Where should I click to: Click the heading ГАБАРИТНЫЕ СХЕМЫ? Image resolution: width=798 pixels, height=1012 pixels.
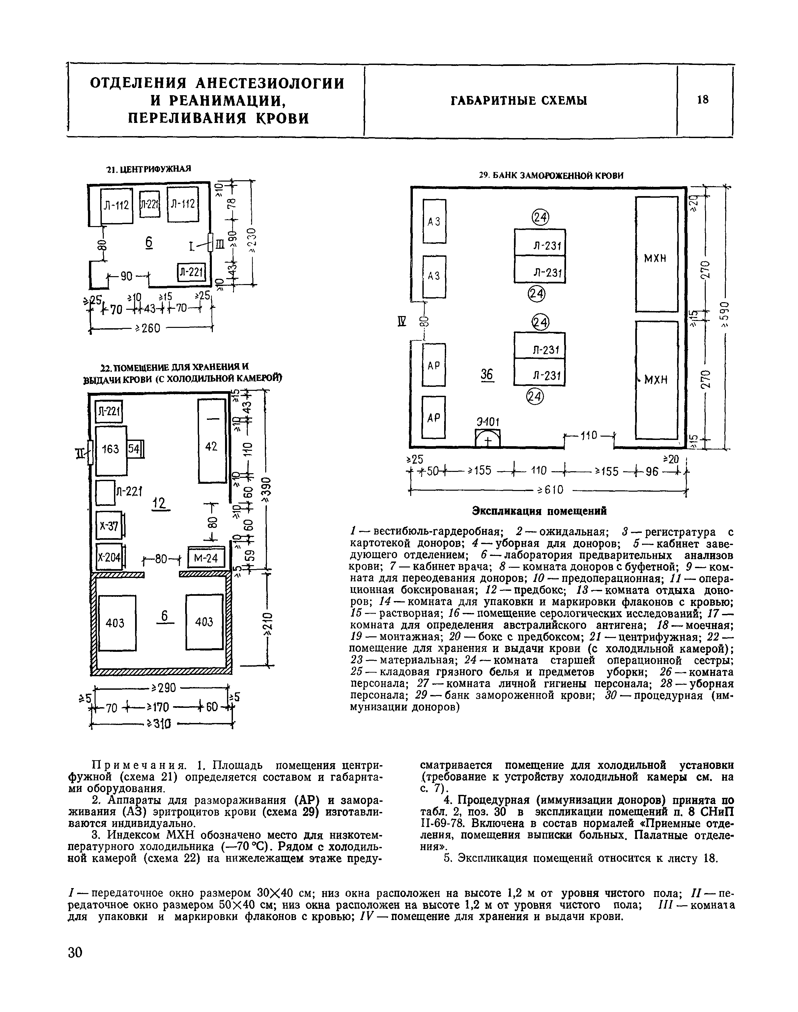click(519, 101)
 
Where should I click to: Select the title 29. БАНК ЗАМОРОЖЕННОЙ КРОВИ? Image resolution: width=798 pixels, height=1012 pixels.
click(551, 176)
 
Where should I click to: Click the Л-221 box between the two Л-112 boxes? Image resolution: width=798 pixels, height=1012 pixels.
click(150, 204)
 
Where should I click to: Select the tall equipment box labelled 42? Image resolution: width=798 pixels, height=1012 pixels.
click(212, 441)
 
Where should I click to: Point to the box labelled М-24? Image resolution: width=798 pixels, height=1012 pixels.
click(206, 558)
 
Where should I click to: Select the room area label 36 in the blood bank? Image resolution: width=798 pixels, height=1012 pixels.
click(487, 374)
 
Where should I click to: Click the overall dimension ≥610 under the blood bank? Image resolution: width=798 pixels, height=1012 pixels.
click(550, 490)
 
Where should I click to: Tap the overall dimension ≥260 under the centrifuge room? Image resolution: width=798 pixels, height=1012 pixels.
click(148, 329)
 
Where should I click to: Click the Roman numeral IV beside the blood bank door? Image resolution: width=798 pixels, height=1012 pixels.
click(400, 321)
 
